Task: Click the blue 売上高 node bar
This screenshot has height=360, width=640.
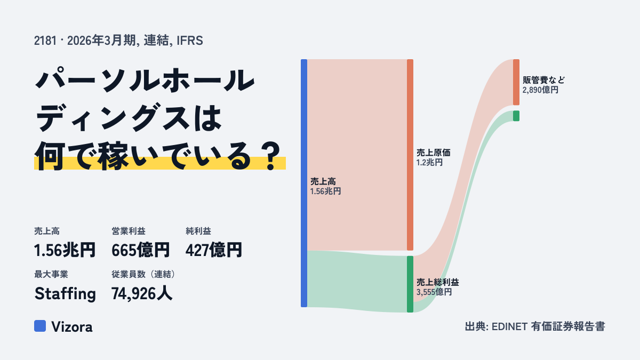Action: [x=304, y=183]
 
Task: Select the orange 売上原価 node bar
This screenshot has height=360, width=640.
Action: [x=410, y=155]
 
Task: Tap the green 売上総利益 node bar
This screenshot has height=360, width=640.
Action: [x=410, y=284]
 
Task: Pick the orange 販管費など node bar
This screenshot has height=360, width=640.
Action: [x=516, y=82]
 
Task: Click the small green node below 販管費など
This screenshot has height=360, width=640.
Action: [x=516, y=116]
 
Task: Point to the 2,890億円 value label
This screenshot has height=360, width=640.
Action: [x=540, y=90]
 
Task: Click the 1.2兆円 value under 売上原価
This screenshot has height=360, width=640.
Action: [x=429, y=163]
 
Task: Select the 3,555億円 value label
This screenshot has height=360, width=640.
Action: [x=434, y=292]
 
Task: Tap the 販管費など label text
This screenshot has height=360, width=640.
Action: [x=543, y=80]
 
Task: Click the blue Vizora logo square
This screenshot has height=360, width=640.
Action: [x=40, y=326]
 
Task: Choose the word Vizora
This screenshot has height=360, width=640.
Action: [x=72, y=327]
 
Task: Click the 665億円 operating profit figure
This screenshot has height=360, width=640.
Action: [x=141, y=250]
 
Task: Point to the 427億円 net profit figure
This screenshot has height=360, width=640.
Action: [x=214, y=250]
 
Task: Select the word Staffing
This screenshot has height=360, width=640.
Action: [x=65, y=294]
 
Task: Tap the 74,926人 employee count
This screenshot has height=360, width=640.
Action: [x=142, y=294]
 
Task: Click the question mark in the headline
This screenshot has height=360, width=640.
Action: [x=271, y=157]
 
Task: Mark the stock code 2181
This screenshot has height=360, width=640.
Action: [x=45, y=41]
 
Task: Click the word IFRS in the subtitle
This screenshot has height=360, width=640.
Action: [x=190, y=41]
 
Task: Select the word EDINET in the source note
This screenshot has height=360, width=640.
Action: [x=509, y=326]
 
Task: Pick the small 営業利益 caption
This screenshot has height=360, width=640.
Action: [x=129, y=231]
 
